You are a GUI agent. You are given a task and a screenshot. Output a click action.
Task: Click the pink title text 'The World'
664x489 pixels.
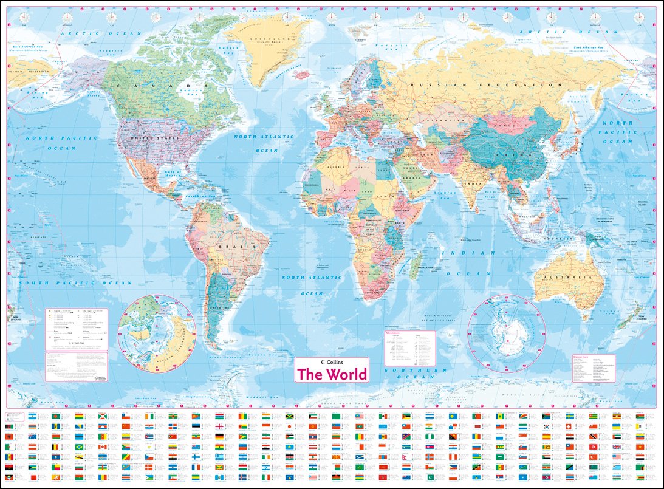[332, 374]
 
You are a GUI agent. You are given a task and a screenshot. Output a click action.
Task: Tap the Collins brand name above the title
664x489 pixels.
[335, 363]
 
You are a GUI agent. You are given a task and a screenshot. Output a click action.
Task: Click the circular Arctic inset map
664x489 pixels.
[157, 333]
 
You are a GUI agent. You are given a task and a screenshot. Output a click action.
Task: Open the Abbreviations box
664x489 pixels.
[409, 348]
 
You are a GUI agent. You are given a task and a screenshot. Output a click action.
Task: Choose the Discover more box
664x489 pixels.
[593, 369]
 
